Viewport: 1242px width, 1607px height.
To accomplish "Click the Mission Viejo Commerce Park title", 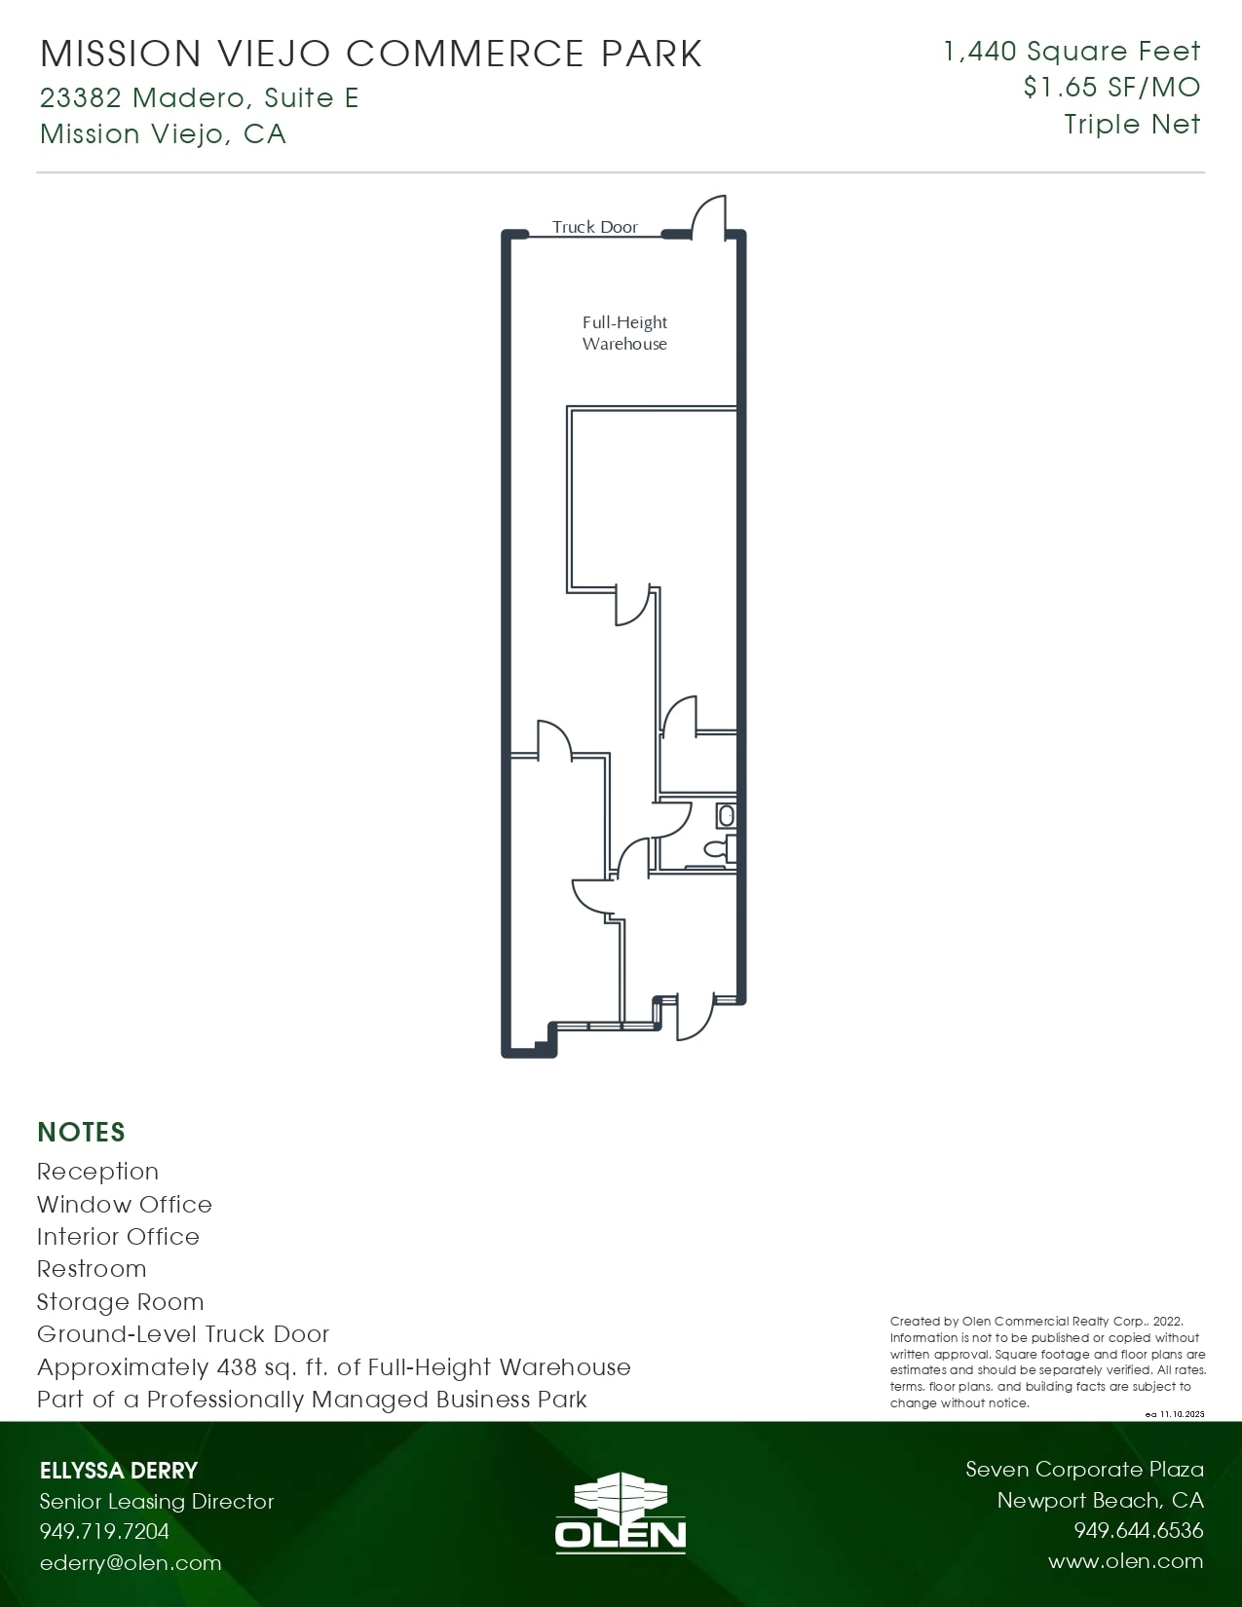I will pyautogui.click(x=371, y=54).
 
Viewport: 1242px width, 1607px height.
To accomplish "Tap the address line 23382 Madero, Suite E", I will pyautogui.click(x=200, y=97).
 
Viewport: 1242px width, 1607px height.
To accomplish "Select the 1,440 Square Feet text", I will pyautogui.click(x=1072, y=52).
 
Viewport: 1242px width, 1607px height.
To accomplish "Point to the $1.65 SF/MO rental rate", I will pyautogui.click(x=1111, y=88).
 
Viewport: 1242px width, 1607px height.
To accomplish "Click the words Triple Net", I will pyautogui.click(x=1132, y=125).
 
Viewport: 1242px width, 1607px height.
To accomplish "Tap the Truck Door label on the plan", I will pyautogui.click(x=595, y=227).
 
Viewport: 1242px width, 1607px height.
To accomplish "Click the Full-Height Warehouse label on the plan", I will pyautogui.click(x=624, y=333).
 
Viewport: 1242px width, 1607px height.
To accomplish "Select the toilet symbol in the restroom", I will pyautogui.click(x=720, y=848).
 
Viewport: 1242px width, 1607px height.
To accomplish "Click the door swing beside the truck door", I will pyautogui.click(x=709, y=217).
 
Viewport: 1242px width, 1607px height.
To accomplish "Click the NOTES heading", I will pyautogui.click(x=82, y=1132).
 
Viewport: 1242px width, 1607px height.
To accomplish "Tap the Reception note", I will pyautogui.click(x=97, y=1172).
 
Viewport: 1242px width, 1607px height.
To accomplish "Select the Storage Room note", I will pyautogui.click(x=121, y=1302).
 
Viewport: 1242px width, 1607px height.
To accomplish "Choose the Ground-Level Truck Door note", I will pyautogui.click(x=183, y=1334).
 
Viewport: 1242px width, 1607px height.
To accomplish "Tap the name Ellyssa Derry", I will pyautogui.click(x=119, y=1471).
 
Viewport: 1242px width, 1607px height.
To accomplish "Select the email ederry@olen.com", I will pyautogui.click(x=131, y=1563).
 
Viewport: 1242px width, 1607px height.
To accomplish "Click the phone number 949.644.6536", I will pyautogui.click(x=1139, y=1531).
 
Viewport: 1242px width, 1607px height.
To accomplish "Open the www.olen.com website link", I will pyautogui.click(x=1126, y=1561).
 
